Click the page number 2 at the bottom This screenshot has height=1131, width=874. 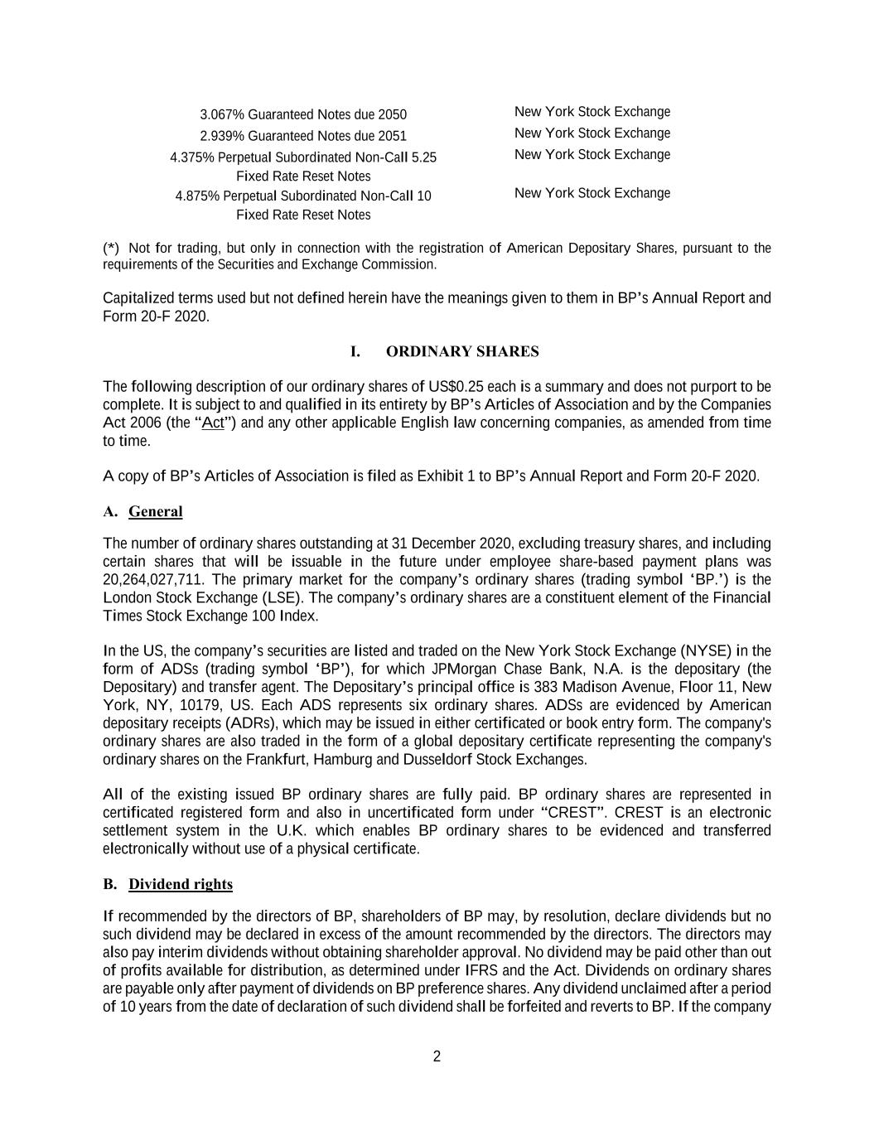(x=437, y=1056)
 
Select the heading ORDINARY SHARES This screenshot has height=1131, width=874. (x=462, y=351)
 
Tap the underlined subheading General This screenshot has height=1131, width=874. (x=156, y=511)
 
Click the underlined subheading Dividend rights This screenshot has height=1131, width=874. (x=181, y=884)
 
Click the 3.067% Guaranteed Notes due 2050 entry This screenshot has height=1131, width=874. (x=303, y=114)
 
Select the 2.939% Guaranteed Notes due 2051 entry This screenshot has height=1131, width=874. (x=303, y=136)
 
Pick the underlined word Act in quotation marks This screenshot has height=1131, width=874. (x=213, y=423)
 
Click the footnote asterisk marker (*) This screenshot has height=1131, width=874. (x=111, y=248)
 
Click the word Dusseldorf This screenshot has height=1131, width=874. (x=438, y=759)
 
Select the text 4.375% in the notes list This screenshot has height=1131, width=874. (x=192, y=157)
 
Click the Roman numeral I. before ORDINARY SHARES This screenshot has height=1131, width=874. (x=355, y=351)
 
